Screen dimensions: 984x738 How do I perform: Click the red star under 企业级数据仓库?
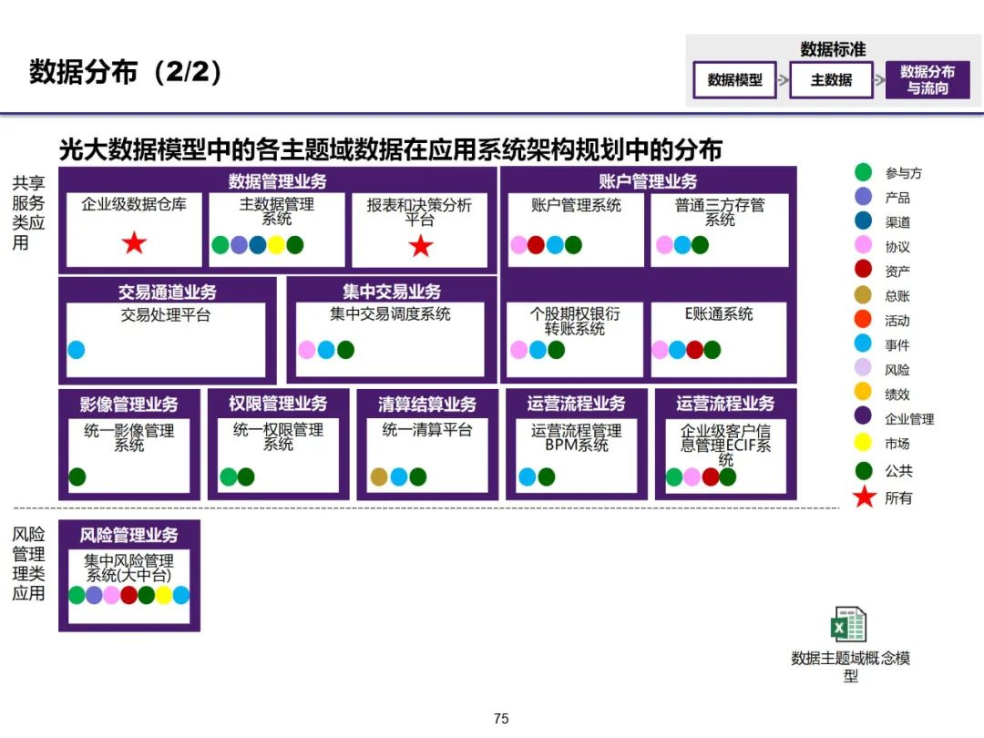point(135,243)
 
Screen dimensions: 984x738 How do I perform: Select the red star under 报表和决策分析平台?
point(420,245)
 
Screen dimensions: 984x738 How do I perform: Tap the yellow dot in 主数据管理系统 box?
point(276,245)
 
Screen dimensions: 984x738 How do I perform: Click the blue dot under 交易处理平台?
point(77,350)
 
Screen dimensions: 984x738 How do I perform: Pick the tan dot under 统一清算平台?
point(380,477)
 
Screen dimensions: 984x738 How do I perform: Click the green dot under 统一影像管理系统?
point(77,477)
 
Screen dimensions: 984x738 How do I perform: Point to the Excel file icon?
point(849,626)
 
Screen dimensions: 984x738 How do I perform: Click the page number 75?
point(500,719)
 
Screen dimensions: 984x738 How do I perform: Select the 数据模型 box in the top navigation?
point(735,80)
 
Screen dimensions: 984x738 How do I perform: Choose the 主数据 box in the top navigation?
point(831,80)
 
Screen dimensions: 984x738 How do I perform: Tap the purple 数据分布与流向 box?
point(928,80)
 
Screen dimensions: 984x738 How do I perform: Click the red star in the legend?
point(865,497)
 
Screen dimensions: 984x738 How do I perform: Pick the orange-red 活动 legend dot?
point(864,320)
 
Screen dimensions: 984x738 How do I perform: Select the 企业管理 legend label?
point(909,419)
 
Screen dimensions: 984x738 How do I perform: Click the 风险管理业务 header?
point(128,536)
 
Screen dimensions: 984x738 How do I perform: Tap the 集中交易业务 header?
point(392,292)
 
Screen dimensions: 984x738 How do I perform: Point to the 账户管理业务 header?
point(648,180)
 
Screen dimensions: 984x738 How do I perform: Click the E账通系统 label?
point(719,314)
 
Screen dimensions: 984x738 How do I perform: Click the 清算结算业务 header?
point(427,404)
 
